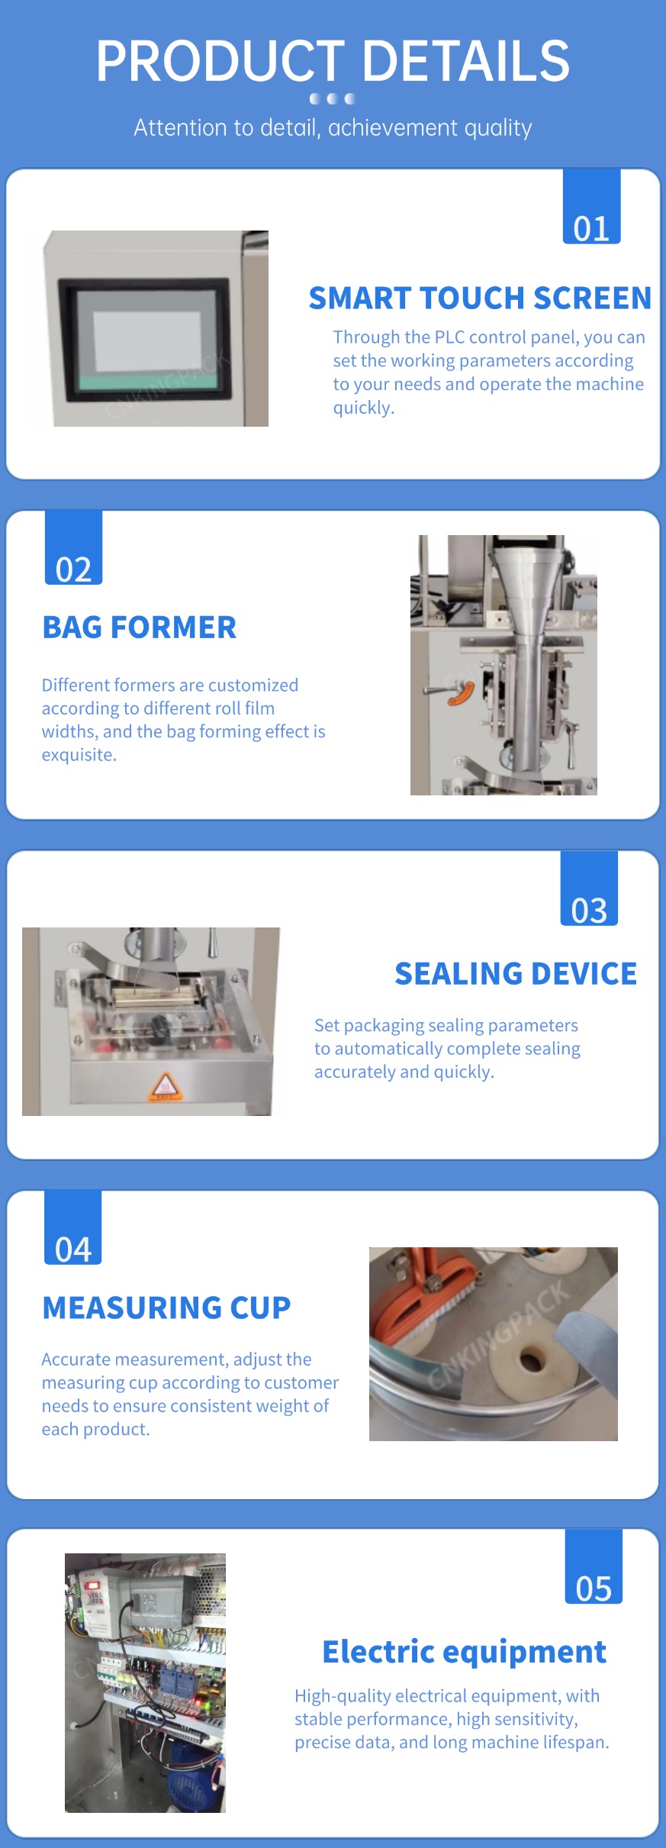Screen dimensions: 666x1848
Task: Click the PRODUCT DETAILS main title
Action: pos(333,61)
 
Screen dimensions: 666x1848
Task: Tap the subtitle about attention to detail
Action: pos(333,127)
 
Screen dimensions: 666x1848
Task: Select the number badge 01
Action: pos(591,207)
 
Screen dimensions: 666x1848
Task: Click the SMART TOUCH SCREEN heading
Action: pos(480,298)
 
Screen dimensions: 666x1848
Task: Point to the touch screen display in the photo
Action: pos(144,339)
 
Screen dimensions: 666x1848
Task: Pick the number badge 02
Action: pos(73,547)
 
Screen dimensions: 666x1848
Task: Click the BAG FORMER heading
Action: pos(140,627)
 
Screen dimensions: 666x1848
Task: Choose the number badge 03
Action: pos(589,889)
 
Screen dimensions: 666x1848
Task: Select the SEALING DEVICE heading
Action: pos(516,973)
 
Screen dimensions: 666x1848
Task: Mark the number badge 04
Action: pos(73,1227)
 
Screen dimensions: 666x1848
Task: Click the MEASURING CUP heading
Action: pos(166,1308)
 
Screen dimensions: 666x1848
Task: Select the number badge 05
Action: pos(594,1566)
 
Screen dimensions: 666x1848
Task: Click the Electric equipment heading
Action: pos(464,1651)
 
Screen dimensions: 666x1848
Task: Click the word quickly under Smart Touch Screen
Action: pos(364,408)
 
